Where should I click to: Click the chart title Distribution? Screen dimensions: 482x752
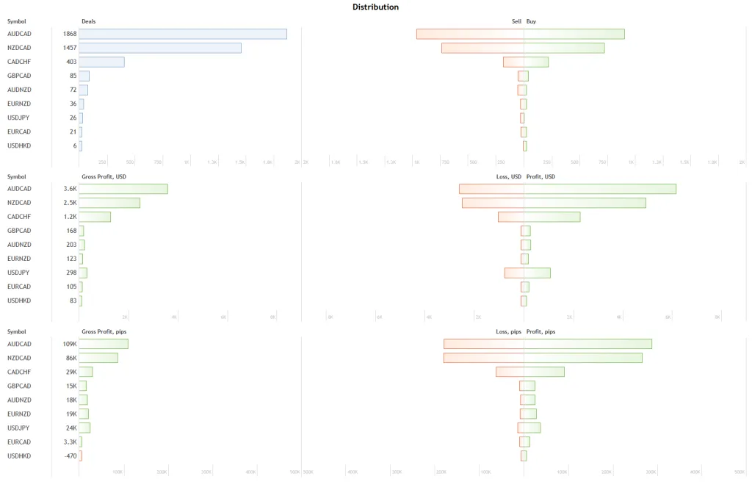[x=375, y=7]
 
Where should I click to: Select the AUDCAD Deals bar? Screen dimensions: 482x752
[x=183, y=34]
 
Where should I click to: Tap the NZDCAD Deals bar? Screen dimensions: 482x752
[x=160, y=48]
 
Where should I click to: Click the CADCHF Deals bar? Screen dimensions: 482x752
[x=101, y=62]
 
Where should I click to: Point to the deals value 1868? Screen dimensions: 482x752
[x=70, y=34]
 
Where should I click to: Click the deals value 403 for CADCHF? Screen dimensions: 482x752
[x=71, y=62]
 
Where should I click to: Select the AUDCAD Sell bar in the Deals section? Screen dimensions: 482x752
[x=470, y=34]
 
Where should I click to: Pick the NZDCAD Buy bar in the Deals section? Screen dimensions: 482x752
[x=564, y=48]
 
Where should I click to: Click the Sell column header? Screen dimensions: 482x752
[x=516, y=21]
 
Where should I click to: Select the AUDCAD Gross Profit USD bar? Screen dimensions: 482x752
[x=123, y=189]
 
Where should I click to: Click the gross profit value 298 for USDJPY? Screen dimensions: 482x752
[x=71, y=273]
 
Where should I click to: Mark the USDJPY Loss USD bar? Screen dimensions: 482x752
[x=514, y=273]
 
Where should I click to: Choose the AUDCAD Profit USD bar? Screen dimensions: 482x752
[x=600, y=189]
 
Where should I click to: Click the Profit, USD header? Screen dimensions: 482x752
[x=540, y=176]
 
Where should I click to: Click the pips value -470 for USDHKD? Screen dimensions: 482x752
[x=70, y=456]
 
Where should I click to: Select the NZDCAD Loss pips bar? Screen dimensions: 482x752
[x=483, y=358]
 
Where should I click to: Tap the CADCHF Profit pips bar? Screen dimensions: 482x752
[x=544, y=372]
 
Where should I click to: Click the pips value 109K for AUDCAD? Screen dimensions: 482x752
[x=70, y=344]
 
